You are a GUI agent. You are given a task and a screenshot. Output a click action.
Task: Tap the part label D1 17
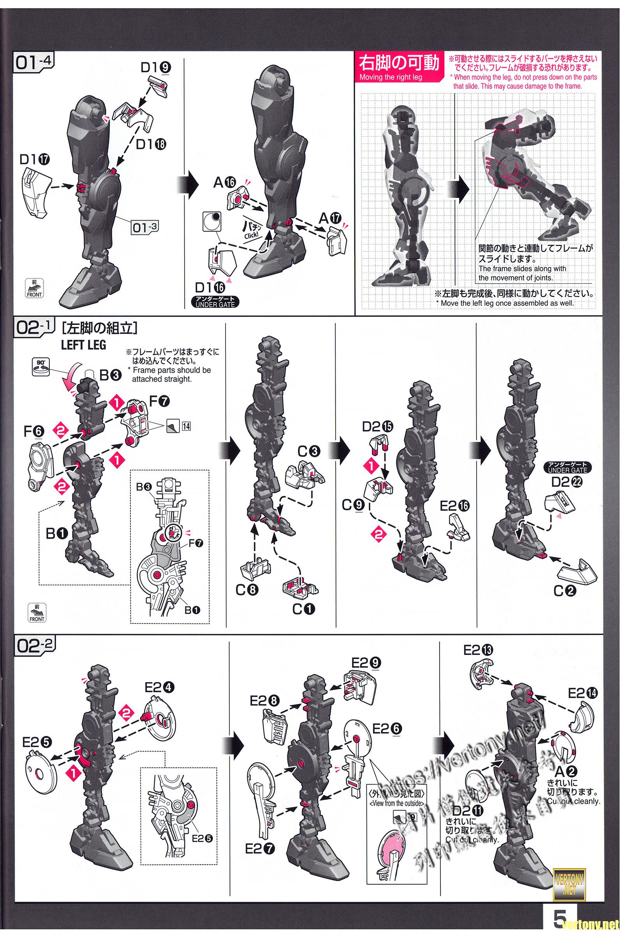pos(35,159)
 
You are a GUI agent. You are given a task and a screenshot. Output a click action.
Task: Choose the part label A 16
pos(225,182)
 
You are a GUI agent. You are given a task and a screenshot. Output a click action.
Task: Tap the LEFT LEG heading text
pos(83,345)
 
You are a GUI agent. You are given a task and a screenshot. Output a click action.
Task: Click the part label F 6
pos(33,431)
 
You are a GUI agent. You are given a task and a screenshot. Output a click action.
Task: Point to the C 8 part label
pos(247,590)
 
